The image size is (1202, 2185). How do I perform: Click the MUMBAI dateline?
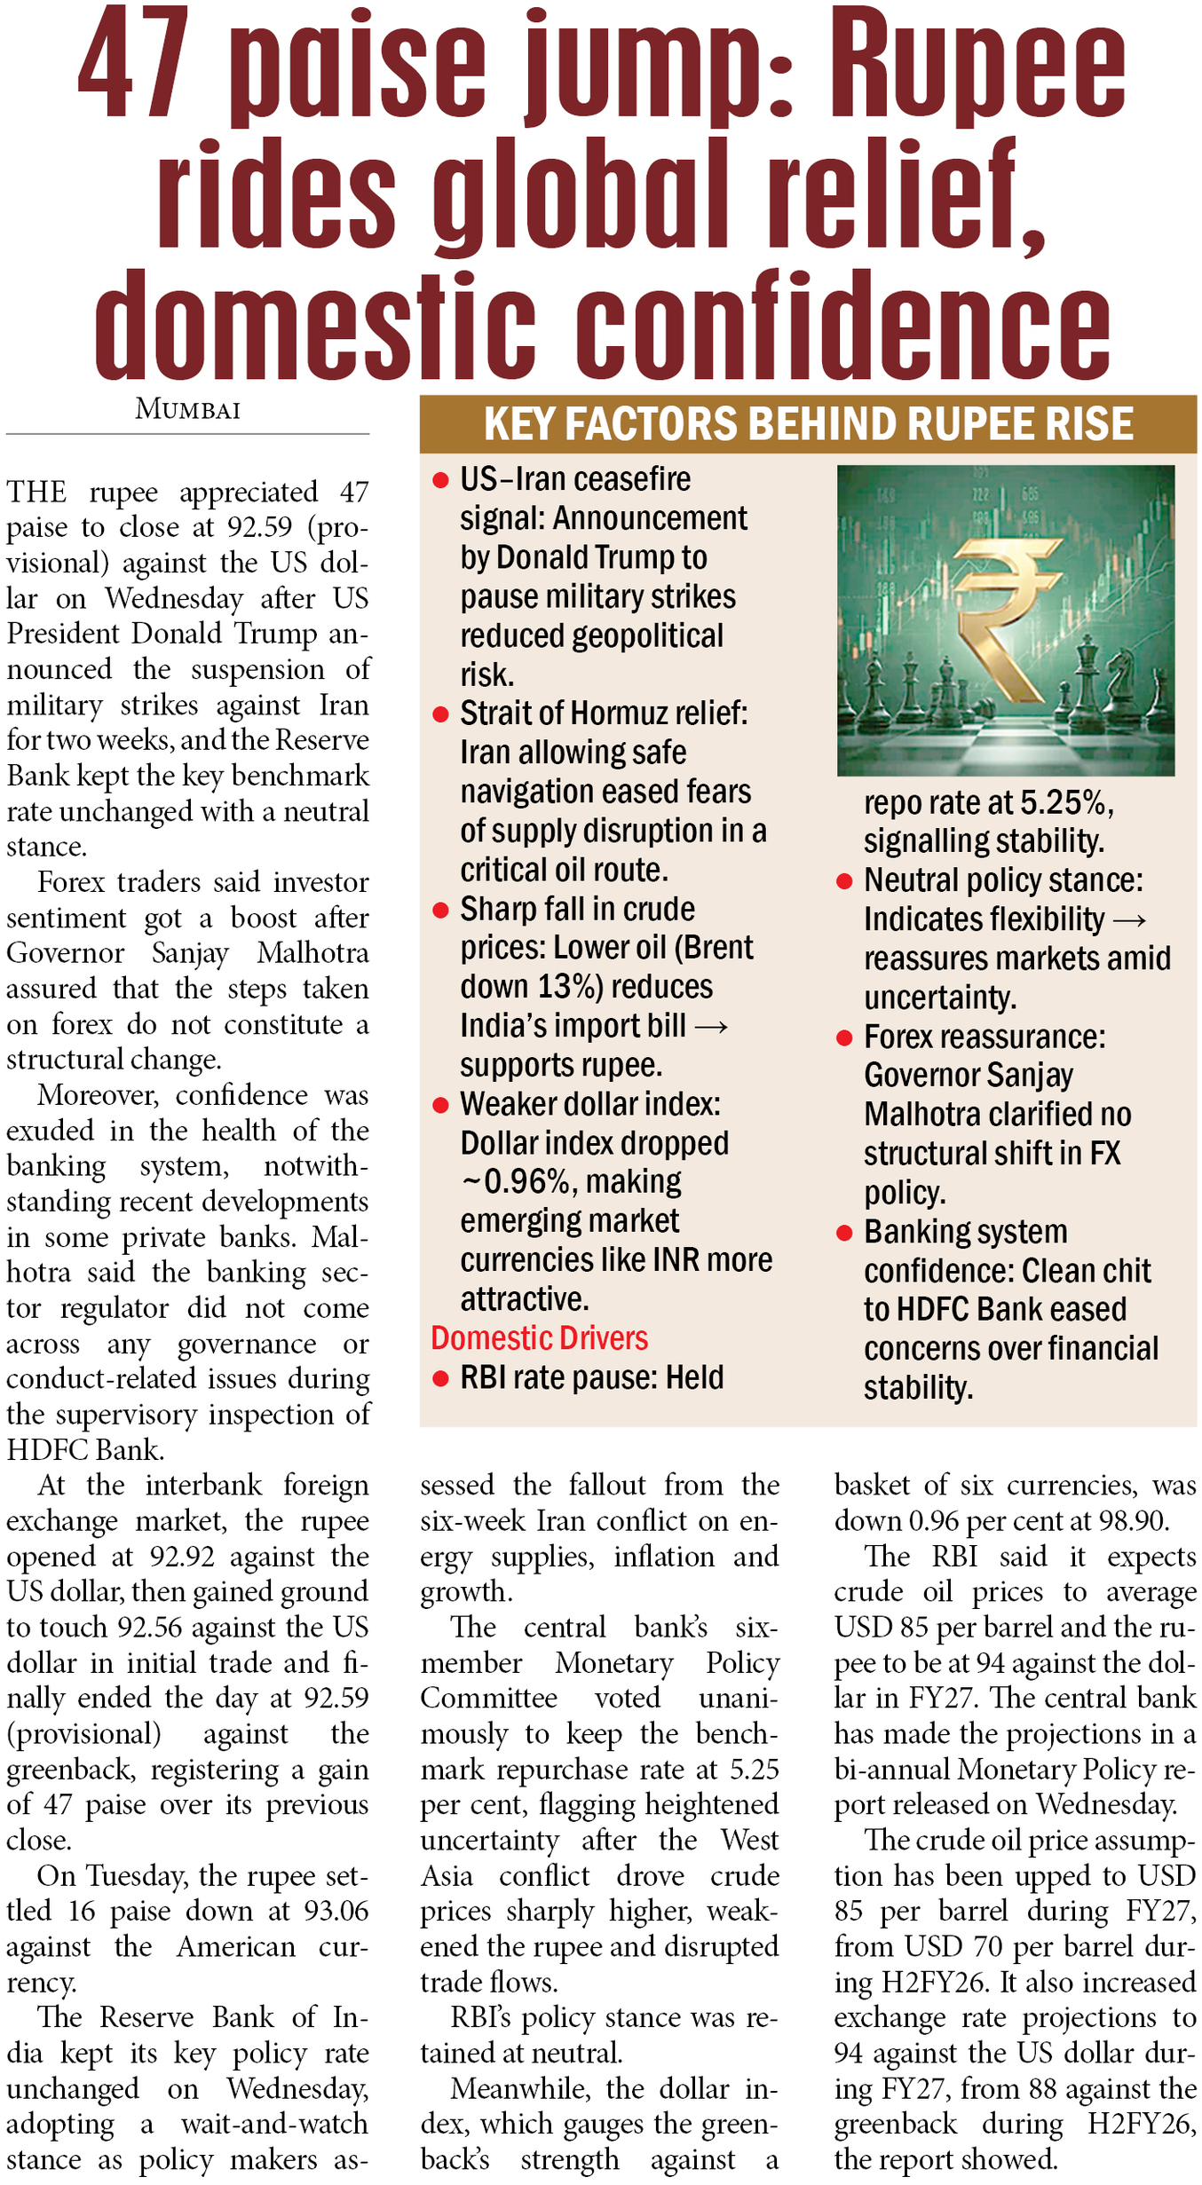pos(187,410)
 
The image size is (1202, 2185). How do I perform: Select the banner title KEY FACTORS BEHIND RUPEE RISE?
pos(808,423)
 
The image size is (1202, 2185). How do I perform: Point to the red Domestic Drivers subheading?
pos(539,1337)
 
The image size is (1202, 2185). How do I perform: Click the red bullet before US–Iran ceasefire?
pos(439,480)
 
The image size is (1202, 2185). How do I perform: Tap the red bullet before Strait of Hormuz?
pos(439,714)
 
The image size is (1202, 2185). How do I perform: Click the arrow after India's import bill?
pos(711,1027)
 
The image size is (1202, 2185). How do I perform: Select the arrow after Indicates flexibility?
pos(1129,920)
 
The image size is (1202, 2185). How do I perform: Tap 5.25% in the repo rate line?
pos(1065,802)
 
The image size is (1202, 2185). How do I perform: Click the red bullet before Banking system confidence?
pos(844,1233)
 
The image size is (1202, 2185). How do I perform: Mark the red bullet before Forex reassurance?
pos(844,1037)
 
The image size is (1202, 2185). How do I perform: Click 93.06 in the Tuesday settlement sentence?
pos(335,1911)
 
